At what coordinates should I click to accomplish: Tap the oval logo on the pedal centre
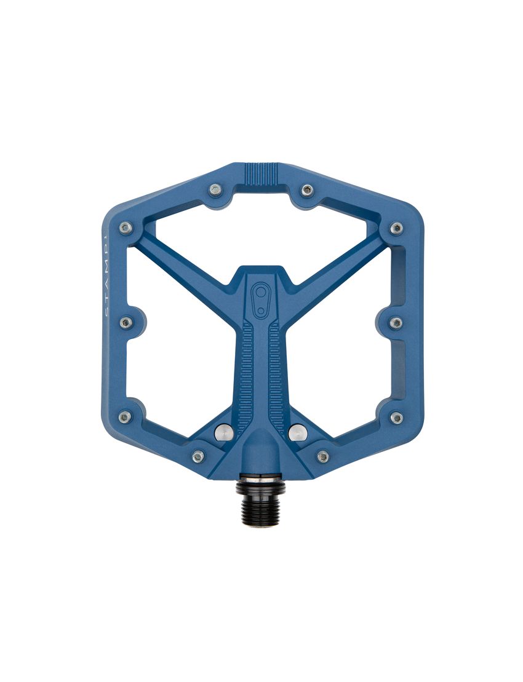(262, 299)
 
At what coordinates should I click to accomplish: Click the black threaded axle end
(261, 502)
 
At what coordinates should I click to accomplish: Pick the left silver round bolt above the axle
(223, 432)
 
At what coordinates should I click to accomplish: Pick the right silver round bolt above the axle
(297, 432)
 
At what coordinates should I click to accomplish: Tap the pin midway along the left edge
(126, 323)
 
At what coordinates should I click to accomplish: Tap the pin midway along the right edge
(396, 322)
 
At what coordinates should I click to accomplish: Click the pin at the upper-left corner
(126, 228)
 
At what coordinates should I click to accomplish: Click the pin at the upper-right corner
(396, 228)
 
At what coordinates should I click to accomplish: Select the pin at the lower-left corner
(125, 417)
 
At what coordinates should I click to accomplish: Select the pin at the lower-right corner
(397, 418)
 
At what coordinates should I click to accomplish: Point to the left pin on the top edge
(215, 190)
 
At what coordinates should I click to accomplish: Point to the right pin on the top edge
(307, 191)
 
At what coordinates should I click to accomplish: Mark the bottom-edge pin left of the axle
(198, 456)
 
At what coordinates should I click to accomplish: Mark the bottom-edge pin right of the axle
(323, 456)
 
